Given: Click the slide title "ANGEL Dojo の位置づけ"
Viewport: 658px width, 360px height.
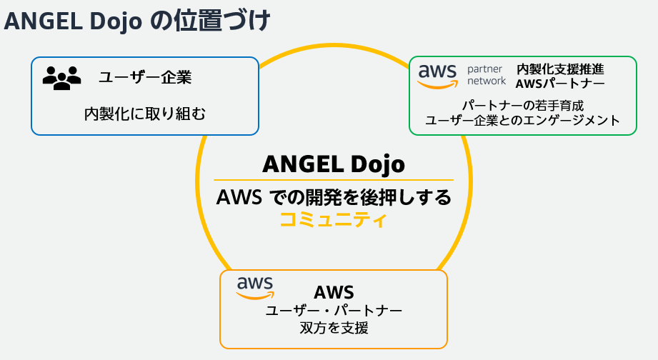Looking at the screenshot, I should [136, 21].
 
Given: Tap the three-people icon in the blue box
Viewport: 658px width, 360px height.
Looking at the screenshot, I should [62, 78].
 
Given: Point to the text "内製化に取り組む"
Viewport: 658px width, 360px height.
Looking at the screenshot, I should [145, 113].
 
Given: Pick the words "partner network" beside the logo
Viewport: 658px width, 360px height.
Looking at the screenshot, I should [486, 75].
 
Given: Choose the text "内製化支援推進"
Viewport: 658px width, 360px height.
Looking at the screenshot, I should [560, 69].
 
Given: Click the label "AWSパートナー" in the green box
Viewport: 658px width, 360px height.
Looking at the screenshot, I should [560, 84].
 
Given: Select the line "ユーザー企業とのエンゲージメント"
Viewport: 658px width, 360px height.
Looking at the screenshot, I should [522, 120].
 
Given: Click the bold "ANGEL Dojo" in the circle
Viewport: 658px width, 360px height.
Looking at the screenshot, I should [334, 164].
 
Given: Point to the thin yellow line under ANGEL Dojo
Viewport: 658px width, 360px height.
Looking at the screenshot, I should [334, 180].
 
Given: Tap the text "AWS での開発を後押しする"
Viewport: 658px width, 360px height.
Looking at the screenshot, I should [334, 197].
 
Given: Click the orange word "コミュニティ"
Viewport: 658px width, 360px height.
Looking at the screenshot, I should [333, 219].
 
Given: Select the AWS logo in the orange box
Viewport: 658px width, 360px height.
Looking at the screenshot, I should [255, 288].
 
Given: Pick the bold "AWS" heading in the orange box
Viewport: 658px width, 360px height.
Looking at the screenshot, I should [334, 292].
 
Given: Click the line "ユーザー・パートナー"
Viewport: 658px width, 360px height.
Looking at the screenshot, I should [334, 311].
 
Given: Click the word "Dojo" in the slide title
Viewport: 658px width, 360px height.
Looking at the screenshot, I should [117, 21].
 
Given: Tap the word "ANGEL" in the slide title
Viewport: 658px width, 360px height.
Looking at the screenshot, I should [45, 21].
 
